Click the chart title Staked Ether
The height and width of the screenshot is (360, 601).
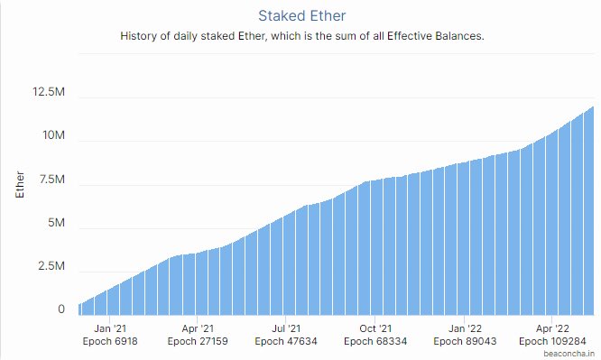point(300,15)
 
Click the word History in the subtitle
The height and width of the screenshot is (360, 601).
point(140,37)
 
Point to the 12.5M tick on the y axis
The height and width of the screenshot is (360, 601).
point(48,92)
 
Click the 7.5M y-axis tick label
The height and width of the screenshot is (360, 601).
point(50,180)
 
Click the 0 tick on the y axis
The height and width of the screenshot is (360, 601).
point(61,309)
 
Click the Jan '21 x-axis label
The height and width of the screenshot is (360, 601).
point(110,329)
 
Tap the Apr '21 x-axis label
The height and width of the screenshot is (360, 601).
point(198,329)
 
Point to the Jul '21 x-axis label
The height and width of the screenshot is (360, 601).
point(286,329)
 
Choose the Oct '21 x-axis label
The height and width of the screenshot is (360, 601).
point(375,329)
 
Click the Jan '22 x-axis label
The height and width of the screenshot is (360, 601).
point(465,329)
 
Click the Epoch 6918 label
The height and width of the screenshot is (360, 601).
point(110,342)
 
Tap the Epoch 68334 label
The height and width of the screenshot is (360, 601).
point(375,342)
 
